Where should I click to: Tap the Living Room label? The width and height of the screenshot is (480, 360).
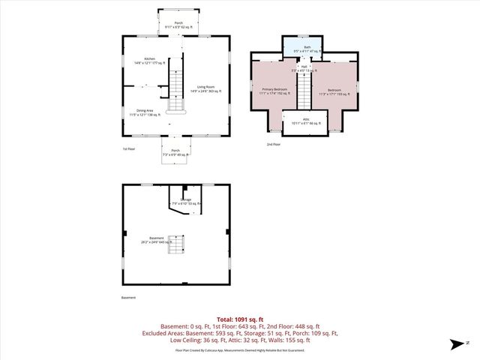point(204,88)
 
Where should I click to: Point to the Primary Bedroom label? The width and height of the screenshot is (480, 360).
point(275,91)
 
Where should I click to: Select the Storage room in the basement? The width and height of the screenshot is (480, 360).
point(187,201)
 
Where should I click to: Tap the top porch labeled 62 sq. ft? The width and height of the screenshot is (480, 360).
point(178,25)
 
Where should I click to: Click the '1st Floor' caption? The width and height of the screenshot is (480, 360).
point(129,148)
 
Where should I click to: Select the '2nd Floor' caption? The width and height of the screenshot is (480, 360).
point(273,143)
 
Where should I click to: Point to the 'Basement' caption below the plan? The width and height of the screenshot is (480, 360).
point(129,298)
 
